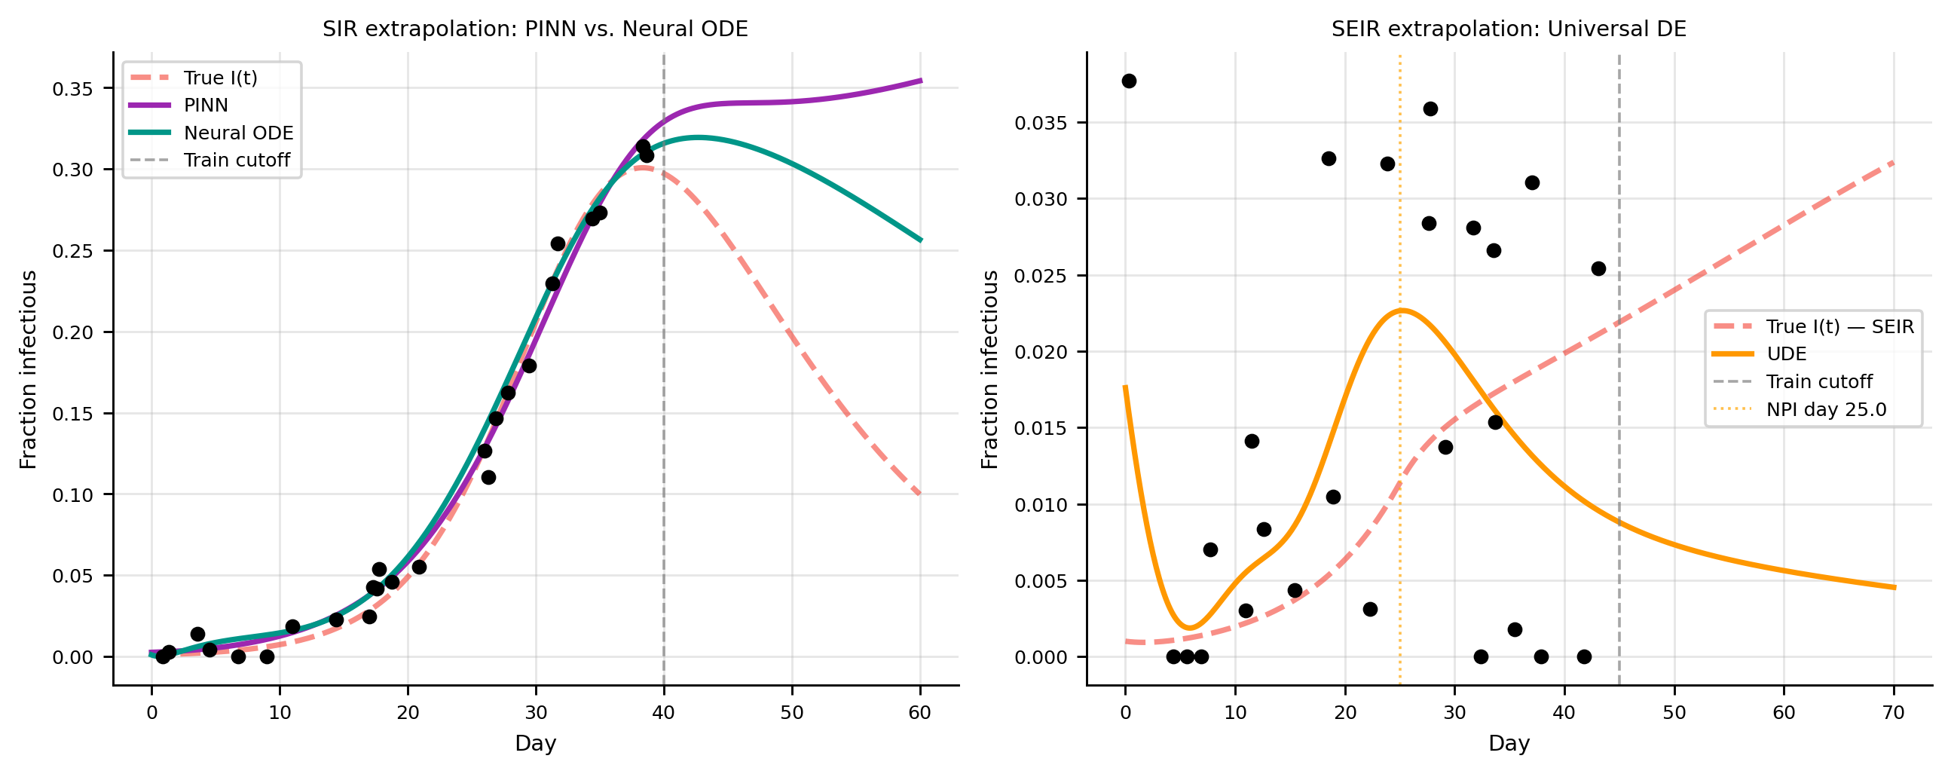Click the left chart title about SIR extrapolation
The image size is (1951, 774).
(535, 29)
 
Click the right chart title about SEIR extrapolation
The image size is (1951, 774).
(1508, 29)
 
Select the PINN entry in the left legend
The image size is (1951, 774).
(205, 106)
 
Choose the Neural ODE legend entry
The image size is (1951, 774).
(238, 133)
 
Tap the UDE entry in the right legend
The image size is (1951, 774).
(1786, 353)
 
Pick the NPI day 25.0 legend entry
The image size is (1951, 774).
(1826, 410)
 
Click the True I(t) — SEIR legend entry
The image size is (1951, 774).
(1839, 326)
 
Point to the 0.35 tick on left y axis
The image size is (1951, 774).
(72, 89)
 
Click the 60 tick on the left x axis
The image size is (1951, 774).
(920, 713)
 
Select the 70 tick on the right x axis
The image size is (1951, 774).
(1894, 713)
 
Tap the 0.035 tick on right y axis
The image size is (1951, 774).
(1041, 123)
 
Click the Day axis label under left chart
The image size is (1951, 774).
(535, 744)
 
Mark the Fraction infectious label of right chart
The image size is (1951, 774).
(990, 369)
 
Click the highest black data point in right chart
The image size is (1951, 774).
(1129, 81)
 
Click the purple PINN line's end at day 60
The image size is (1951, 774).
(920, 81)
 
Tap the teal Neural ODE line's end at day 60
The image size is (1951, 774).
(920, 240)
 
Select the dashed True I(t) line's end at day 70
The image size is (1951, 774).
(1894, 162)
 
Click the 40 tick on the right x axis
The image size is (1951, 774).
(1564, 713)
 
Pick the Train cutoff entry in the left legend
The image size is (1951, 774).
(237, 161)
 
